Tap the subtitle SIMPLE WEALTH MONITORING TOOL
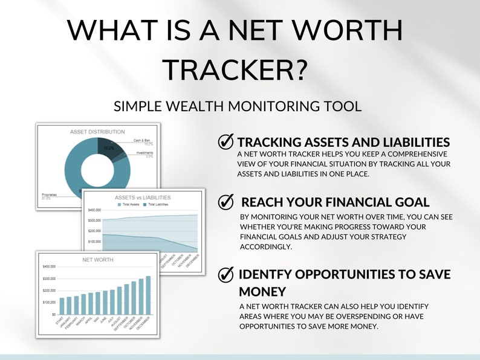[238, 107]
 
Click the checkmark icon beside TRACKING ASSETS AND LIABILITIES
[225, 142]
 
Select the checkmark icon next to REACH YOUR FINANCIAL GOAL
[225, 202]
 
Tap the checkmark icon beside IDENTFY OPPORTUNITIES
[225, 275]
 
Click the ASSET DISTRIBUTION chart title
[97, 131]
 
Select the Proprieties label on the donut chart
[50, 194]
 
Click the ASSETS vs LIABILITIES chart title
[143, 198]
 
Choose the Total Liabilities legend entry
[157, 205]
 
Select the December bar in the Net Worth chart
[148, 295]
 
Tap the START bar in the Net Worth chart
[62, 306]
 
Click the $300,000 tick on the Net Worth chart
[49, 278]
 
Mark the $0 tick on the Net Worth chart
[53, 315]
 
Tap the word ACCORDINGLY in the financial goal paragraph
[267, 247]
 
